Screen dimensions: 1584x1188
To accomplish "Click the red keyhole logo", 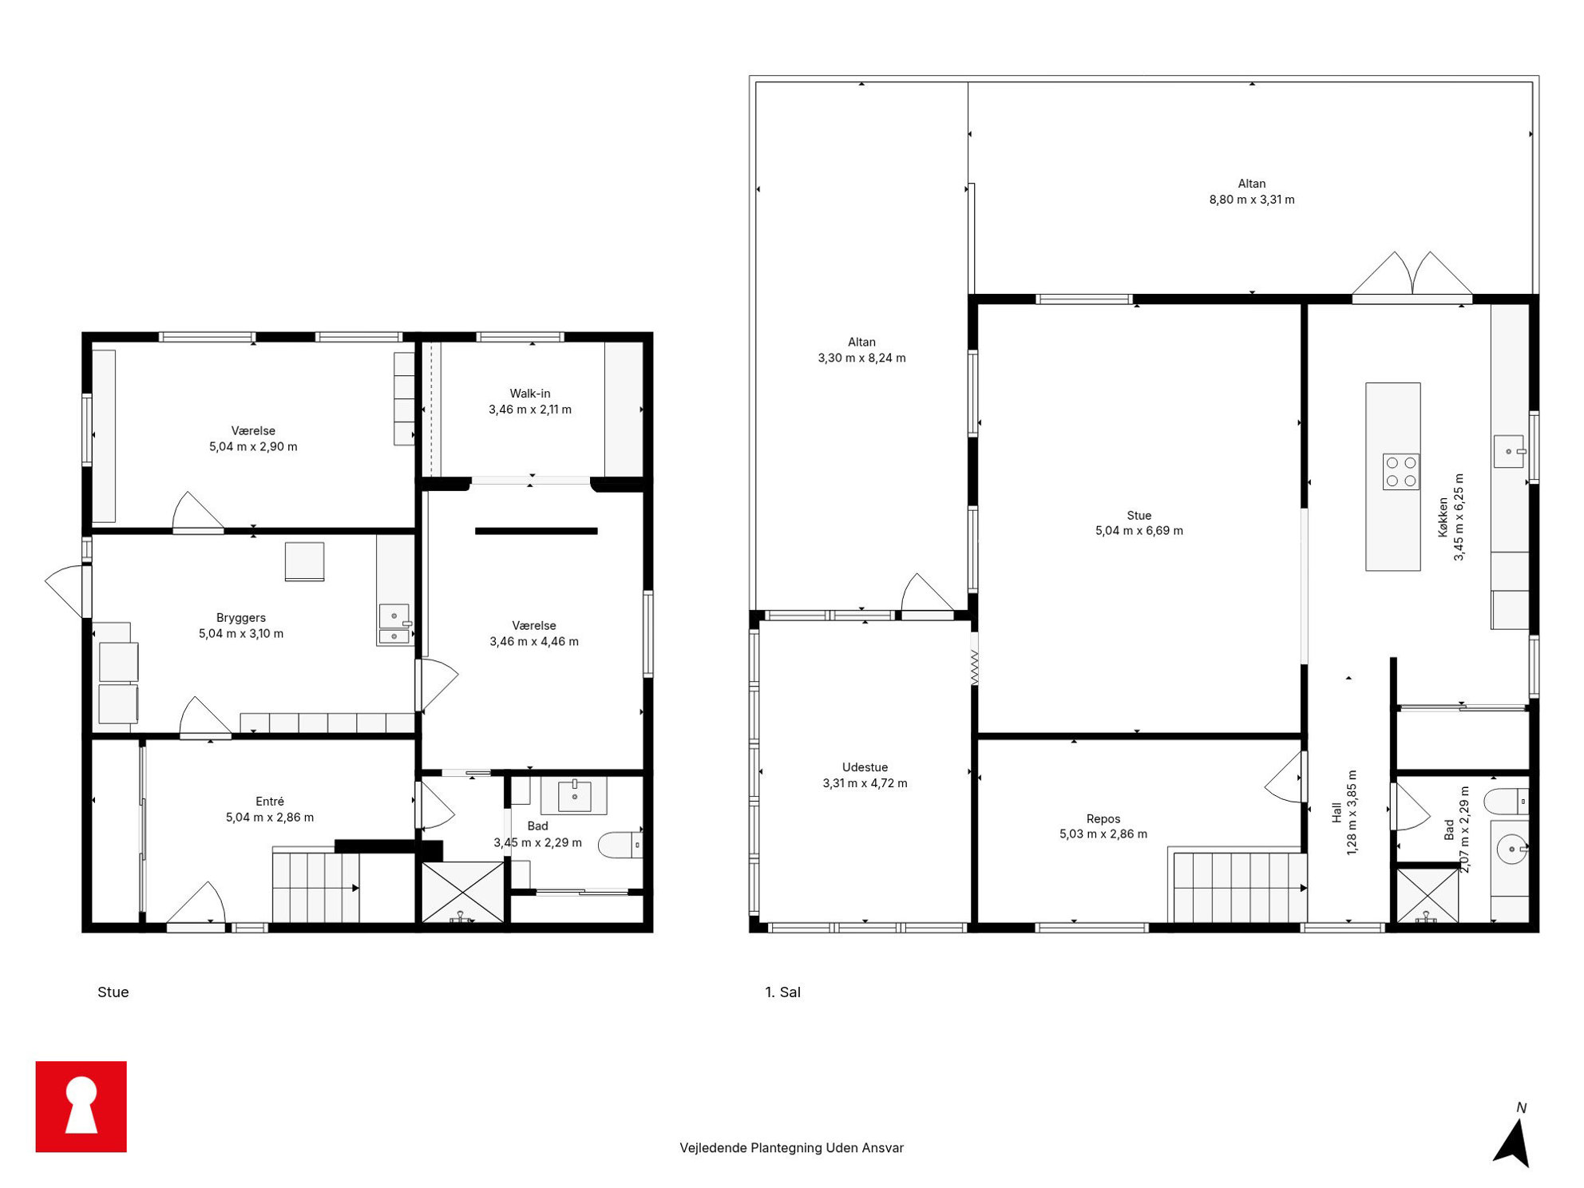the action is tap(81, 1106).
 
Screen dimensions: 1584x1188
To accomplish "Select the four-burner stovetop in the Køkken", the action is tap(1400, 471).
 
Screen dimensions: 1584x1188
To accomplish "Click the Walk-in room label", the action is tap(530, 393).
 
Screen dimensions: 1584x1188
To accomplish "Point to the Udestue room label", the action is tap(865, 767).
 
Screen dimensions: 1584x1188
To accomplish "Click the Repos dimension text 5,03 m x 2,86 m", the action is tap(1103, 834).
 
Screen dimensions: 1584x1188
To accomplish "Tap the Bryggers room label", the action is tap(241, 617).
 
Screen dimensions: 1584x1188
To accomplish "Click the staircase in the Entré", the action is tap(316, 887).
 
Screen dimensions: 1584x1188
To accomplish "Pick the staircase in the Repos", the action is tap(1238, 887).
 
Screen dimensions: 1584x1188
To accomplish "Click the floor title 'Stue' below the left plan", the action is tap(113, 992).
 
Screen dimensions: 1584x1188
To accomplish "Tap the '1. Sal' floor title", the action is tap(782, 992).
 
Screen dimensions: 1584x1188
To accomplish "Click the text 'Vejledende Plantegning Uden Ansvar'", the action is tap(791, 1147).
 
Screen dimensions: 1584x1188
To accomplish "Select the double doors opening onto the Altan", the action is tap(1412, 275).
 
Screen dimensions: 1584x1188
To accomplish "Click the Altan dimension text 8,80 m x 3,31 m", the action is tap(1252, 200).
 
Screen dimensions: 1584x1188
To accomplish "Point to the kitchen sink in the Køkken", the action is tap(1510, 451).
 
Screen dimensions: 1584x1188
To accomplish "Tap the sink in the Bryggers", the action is tap(394, 624).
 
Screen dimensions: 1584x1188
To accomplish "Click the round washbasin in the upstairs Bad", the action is tap(1511, 849).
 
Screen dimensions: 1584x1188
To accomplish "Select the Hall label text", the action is tap(1336, 813).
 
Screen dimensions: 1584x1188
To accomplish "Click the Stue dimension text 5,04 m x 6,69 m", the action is tap(1139, 530).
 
